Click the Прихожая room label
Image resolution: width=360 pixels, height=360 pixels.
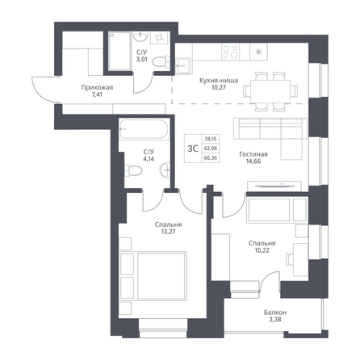[x=97, y=87]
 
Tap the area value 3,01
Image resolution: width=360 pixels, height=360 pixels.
[x=141, y=60]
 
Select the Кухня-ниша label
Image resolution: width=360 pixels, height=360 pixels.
[x=219, y=81]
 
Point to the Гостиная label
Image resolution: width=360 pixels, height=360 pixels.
[x=253, y=154]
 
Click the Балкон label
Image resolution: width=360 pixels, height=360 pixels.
[x=275, y=312]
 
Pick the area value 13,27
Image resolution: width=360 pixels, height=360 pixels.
[x=169, y=232]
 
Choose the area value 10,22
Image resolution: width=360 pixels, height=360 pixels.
[x=262, y=250]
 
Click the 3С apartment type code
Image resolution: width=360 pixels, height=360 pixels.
[x=193, y=149]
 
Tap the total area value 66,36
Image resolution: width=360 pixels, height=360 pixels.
[x=211, y=158]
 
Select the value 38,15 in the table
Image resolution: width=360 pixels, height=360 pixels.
[x=211, y=139]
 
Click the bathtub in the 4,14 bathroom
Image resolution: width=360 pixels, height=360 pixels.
[x=144, y=129]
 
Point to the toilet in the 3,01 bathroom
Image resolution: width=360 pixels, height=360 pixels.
[x=161, y=62]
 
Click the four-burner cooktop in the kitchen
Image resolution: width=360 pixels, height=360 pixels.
[x=231, y=52]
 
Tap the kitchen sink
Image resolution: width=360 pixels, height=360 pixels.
[x=183, y=65]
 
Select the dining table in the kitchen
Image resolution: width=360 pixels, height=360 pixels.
[x=270, y=91]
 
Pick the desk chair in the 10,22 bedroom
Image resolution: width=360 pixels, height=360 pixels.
[x=290, y=259]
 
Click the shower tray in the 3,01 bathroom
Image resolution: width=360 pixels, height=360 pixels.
[x=120, y=51]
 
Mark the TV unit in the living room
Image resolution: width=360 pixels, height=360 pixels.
[x=274, y=186]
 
